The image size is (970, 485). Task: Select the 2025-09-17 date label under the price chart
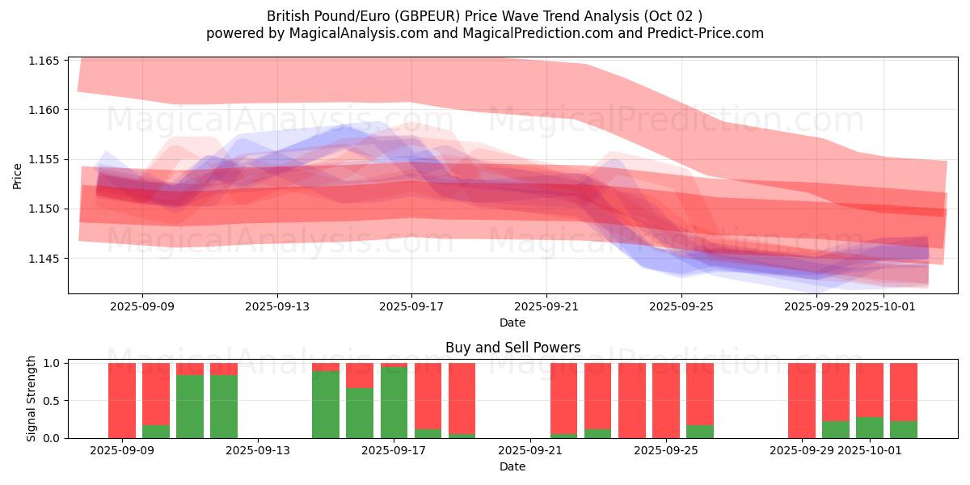(x=411, y=306)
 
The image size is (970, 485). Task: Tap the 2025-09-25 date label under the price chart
(x=681, y=306)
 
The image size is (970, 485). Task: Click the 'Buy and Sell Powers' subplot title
(x=512, y=348)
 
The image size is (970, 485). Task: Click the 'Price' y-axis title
(x=18, y=175)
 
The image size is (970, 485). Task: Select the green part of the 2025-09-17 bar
(x=394, y=403)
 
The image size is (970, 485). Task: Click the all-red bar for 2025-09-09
(x=122, y=400)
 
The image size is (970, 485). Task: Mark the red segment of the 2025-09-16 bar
(x=360, y=375)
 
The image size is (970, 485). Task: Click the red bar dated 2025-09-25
(x=666, y=400)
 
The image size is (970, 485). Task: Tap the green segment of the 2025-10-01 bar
(x=870, y=428)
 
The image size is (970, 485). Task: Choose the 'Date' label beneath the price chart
(x=512, y=323)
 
